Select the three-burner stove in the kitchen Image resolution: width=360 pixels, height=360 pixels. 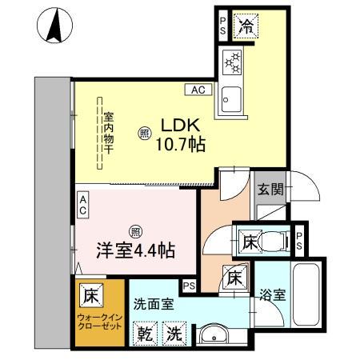232,60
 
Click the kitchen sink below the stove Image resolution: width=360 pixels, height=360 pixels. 232,96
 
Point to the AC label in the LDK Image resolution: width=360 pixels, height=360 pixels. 198,90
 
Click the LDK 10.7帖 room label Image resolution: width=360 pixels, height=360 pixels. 183,136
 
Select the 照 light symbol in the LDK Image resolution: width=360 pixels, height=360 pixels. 144,134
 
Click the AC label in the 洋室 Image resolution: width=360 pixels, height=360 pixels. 82,205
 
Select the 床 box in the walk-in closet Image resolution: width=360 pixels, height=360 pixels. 90,295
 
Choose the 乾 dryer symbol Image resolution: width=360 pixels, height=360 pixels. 146,333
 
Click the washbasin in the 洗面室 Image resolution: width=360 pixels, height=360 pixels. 212,334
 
